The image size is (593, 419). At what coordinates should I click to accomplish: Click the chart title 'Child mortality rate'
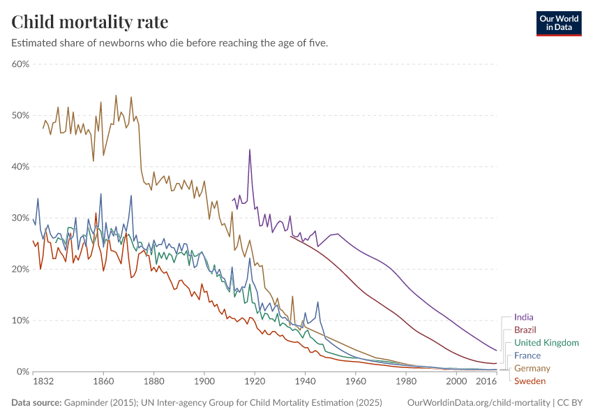89,22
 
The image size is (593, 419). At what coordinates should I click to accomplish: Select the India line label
523,317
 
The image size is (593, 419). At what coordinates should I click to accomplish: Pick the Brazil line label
525,330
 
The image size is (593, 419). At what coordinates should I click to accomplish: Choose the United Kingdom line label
546,343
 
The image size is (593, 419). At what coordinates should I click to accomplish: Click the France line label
527,355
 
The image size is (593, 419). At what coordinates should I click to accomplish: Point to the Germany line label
532,368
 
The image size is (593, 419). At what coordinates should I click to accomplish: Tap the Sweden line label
530,381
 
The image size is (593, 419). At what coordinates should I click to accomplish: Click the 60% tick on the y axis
20,64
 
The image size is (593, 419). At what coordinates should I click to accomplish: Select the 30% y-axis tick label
20,218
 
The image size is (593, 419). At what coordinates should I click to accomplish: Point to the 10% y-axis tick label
20,321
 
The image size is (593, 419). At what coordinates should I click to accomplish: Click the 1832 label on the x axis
33,382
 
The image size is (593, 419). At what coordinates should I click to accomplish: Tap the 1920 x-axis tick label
255,382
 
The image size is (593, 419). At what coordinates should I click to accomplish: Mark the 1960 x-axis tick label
355,382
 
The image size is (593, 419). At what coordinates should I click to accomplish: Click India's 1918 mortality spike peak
249,149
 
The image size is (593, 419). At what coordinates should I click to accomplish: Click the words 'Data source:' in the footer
36,403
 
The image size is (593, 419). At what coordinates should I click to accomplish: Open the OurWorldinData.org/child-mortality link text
477,403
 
